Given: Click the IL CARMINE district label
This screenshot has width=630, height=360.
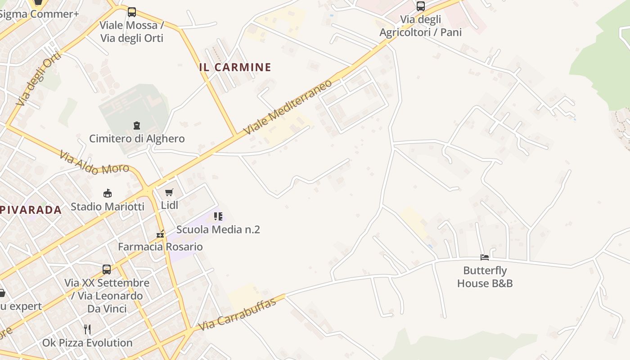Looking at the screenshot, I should coord(235,67).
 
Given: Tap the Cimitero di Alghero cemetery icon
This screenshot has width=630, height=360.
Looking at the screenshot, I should coord(137,125).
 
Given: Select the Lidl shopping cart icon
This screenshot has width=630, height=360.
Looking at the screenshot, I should coord(169,193).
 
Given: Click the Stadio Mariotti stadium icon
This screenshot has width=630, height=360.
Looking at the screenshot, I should coord(108,193).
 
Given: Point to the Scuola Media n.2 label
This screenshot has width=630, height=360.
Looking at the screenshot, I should coord(218,229).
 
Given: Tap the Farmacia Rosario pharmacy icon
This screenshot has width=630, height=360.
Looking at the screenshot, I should coord(160,234).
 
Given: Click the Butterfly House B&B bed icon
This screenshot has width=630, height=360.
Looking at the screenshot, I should coord(485,257).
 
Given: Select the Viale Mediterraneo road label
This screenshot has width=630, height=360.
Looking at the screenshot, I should coord(288,107).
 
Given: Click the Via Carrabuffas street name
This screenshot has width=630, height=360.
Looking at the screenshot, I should coord(237,315).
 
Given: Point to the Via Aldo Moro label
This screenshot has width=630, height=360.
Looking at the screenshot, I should coord(94,163).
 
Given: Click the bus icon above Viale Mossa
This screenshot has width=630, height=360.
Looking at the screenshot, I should coord(132,12).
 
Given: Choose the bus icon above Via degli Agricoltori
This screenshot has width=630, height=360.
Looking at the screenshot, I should coord(421,6).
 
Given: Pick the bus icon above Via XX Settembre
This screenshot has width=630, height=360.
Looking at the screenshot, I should coord(107,270).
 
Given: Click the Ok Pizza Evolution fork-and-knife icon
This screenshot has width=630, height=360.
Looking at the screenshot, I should coord(87,329).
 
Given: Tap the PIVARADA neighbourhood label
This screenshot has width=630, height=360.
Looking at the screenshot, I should coord(31,210).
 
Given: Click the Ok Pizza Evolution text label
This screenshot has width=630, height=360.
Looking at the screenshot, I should coord(87,343).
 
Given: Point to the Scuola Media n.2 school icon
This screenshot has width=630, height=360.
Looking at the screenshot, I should coord(218,216).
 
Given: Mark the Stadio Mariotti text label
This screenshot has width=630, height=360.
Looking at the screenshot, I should coord(108,207).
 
